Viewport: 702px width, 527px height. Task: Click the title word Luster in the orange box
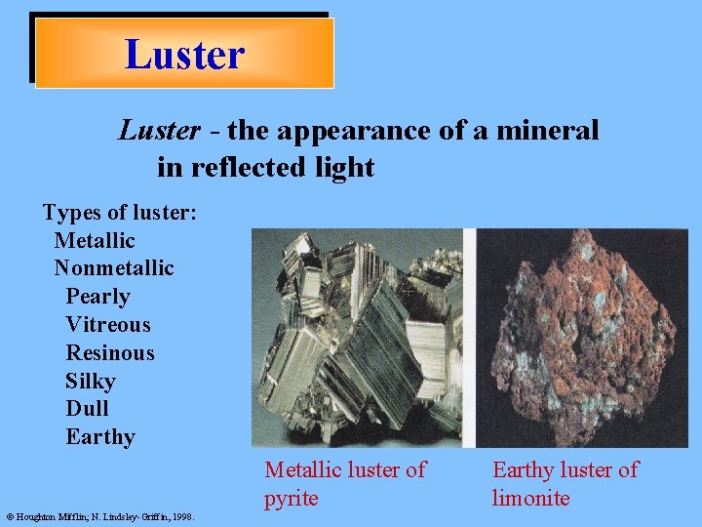coord(184,54)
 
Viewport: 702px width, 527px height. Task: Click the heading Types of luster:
coord(120,212)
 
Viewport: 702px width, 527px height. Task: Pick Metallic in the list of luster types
coord(95,240)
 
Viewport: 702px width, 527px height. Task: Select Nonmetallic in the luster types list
coord(114,267)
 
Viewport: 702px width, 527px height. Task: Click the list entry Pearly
coord(97,296)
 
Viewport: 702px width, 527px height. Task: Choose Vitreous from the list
coord(108,324)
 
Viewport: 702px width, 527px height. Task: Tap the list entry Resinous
coord(110,352)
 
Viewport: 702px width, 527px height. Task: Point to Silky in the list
coord(91,381)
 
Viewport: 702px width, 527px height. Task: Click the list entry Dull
coord(87,408)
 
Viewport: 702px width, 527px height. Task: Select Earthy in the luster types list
coord(100,436)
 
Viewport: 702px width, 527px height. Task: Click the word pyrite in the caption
coord(291,498)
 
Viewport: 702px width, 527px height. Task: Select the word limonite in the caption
coord(530,498)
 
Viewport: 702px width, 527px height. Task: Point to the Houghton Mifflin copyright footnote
coord(100,517)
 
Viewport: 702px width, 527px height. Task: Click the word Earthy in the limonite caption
coord(525,470)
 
